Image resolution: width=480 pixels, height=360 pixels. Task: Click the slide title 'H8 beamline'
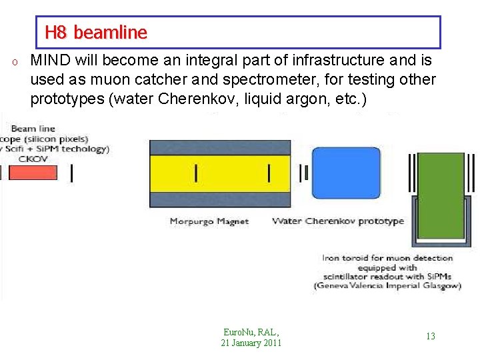pyautogui.click(x=95, y=32)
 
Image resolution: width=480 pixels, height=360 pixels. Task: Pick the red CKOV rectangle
pyautogui.click(x=33, y=173)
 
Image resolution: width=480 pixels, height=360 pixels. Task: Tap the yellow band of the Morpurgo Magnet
pyautogui.click(x=219, y=173)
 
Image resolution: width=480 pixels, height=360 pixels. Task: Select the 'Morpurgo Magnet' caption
pyautogui.click(x=209, y=221)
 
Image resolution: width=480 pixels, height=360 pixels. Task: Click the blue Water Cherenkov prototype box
pyautogui.click(x=346, y=173)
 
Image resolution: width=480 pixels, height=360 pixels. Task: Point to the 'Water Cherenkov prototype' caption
pyautogui.click(x=338, y=221)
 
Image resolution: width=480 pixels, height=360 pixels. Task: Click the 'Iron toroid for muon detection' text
pyautogui.click(x=387, y=258)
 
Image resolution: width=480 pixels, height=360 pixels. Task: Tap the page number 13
pyautogui.click(x=430, y=336)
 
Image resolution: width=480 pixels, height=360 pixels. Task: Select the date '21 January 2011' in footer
pyautogui.click(x=251, y=343)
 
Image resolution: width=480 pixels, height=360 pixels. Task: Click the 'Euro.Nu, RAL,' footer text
pyautogui.click(x=251, y=332)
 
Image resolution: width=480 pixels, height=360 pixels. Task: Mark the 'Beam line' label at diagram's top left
pyautogui.click(x=33, y=129)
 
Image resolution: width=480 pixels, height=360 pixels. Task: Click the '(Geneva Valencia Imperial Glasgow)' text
pyautogui.click(x=387, y=286)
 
